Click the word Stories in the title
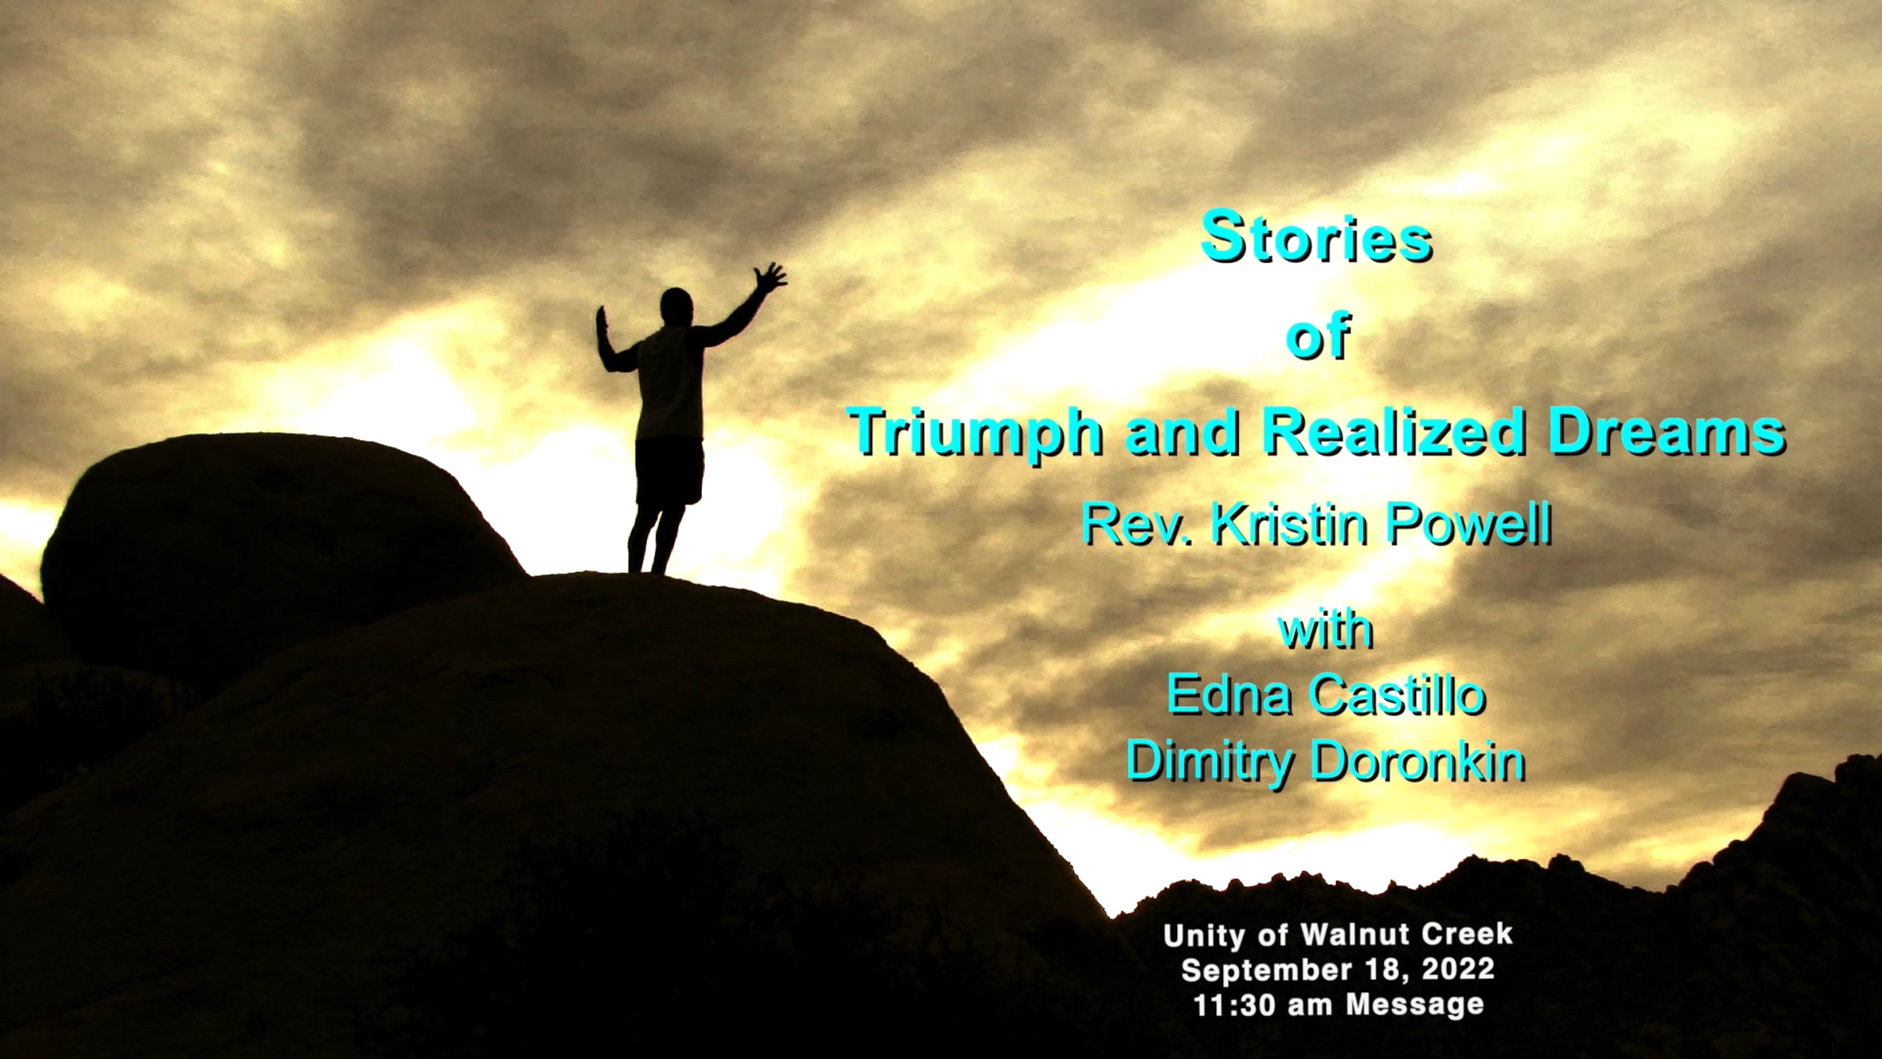point(1317,237)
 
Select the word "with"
point(1326,629)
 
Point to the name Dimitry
point(1210,762)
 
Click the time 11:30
point(1237,1004)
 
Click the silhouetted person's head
point(675,305)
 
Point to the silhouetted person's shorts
point(669,471)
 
